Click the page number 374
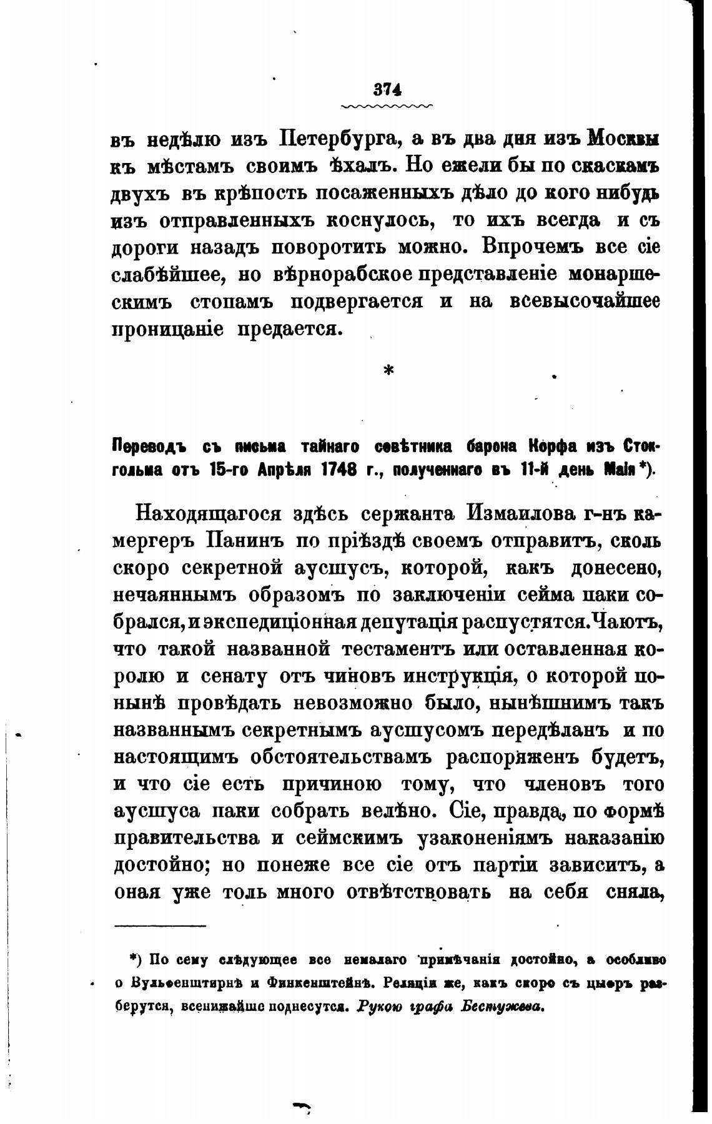[x=387, y=89]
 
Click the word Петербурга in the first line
[x=335, y=138]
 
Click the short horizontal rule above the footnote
[x=160, y=925]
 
